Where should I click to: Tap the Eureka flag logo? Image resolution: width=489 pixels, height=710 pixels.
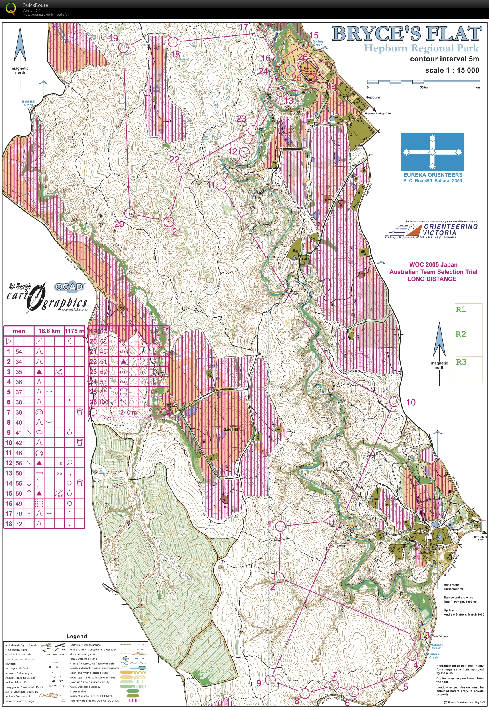click(x=432, y=152)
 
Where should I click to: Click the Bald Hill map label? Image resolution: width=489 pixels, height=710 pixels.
click(x=230, y=429)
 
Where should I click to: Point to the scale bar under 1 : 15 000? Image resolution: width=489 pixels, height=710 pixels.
click(x=423, y=82)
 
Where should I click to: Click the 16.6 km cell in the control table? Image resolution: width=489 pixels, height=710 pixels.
click(x=49, y=331)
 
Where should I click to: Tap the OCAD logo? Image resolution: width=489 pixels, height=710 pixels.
click(x=69, y=287)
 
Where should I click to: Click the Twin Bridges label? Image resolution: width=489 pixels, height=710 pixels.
click(x=440, y=636)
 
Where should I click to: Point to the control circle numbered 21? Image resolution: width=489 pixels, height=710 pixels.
click(x=168, y=222)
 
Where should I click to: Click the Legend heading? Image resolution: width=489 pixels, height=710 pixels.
click(x=77, y=637)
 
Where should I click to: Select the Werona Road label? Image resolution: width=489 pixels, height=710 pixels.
click(x=109, y=590)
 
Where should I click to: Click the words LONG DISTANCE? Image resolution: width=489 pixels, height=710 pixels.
click(x=432, y=279)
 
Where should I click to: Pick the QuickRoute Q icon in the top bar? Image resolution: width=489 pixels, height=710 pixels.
click(x=11, y=9)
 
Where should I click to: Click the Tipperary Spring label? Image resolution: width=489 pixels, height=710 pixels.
click(x=341, y=544)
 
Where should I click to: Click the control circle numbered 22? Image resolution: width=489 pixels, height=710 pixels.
click(x=183, y=168)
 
